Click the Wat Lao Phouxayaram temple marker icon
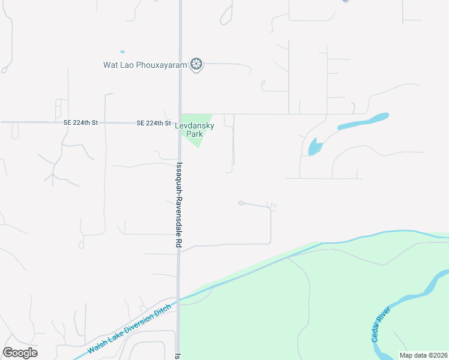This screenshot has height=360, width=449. pos(196,64)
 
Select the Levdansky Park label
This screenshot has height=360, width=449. pos(194,130)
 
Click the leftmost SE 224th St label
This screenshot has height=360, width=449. pos(80,122)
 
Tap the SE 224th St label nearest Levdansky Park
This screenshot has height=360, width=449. pos(154,123)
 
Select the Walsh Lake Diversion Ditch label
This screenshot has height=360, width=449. pos(129,328)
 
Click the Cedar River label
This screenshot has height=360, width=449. pos(382,324)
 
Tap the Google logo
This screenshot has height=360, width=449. pos(20,353)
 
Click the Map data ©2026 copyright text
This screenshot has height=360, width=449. pos(423,355)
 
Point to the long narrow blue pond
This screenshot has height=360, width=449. pos(363,121)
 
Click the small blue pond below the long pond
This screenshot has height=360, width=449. pos(313,146)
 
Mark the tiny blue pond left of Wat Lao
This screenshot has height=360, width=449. pos(122,52)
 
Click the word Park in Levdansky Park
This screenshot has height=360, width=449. pos(194,134)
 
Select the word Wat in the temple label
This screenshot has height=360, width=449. pos(110,64)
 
